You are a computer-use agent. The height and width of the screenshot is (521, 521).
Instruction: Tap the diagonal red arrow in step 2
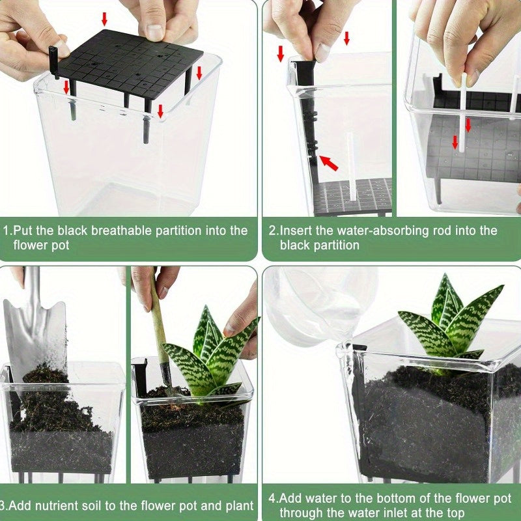(x=329, y=162)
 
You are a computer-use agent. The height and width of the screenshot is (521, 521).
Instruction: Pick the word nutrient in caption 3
(x=64, y=506)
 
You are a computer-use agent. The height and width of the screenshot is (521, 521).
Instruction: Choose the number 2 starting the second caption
(x=272, y=231)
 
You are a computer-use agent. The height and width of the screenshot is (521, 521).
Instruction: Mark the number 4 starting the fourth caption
(x=272, y=499)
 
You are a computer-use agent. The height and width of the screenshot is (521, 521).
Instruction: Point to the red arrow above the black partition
(x=105, y=18)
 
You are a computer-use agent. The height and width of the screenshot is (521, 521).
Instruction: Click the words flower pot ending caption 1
(x=41, y=245)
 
